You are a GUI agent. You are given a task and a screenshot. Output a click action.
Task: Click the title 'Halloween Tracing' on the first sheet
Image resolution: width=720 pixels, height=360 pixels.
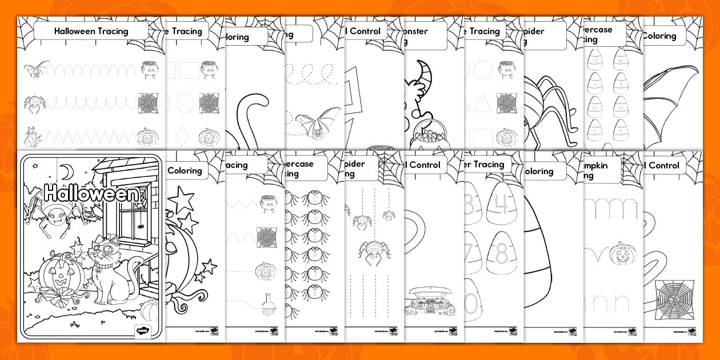tap(91, 31)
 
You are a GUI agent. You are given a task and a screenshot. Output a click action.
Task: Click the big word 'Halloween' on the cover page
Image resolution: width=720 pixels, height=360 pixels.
tap(91, 193)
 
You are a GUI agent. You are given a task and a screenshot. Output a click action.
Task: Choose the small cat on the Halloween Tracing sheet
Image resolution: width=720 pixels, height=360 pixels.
tap(34, 137)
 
